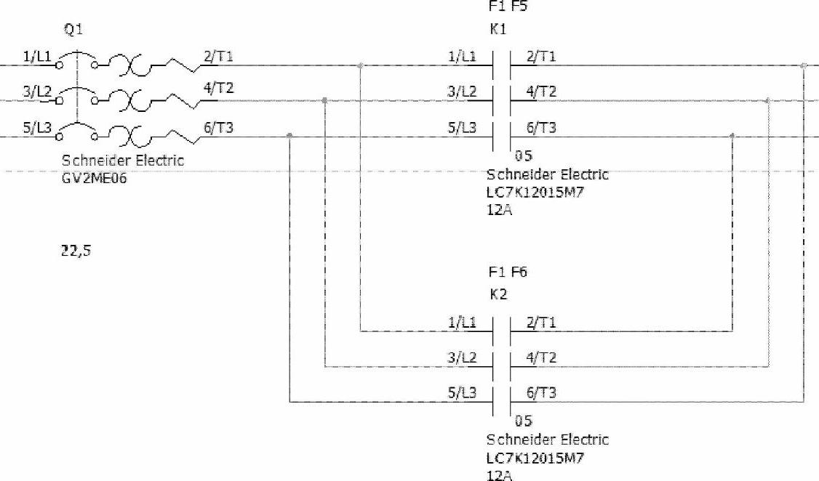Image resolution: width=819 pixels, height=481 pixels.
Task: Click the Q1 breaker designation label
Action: pos(73,32)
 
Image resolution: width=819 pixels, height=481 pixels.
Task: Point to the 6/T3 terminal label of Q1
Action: pos(218,126)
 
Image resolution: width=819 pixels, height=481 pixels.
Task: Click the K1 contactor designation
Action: pos(498,30)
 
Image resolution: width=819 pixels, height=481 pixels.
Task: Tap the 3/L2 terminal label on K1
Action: pos(463,92)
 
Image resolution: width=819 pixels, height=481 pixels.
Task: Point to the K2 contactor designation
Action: pos(498,295)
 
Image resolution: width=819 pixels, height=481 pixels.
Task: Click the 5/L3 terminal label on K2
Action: pos(463,393)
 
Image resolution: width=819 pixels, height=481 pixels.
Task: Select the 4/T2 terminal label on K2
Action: pos(541,358)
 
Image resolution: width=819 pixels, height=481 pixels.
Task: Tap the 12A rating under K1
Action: pos(499,210)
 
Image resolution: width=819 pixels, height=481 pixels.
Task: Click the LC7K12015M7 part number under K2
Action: pos(536,458)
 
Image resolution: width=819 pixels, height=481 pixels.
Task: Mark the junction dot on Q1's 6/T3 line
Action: pos(290,135)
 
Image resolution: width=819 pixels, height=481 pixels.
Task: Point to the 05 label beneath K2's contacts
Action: pos(523,421)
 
